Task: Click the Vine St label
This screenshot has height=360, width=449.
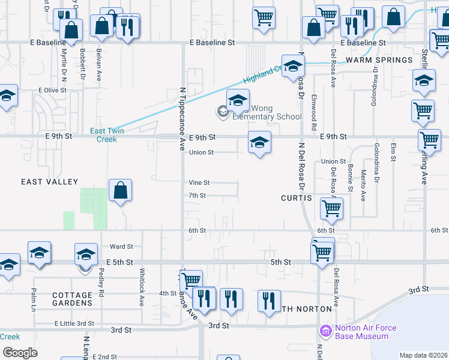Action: [199, 182]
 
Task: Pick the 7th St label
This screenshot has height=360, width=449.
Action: [197, 196]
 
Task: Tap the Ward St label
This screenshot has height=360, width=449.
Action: [121, 246]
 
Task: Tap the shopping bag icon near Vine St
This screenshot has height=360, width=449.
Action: [121, 191]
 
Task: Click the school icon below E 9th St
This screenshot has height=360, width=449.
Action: [259, 143]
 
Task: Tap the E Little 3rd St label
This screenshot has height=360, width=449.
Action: [74, 323]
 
